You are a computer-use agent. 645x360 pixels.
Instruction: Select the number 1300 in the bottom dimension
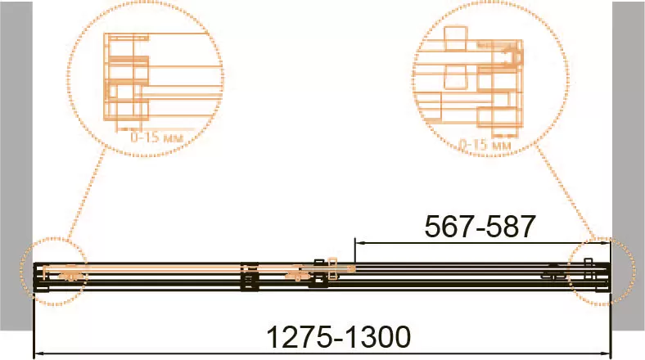click(x=377, y=337)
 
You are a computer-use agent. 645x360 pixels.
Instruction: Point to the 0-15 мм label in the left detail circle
click(x=156, y=137)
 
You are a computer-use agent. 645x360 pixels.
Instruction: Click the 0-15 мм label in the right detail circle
click(x=485, y=144)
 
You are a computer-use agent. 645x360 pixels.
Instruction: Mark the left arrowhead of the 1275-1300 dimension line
click(x=38, y=353)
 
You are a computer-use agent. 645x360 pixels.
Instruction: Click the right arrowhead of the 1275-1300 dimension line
click(x=605, y=353)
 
